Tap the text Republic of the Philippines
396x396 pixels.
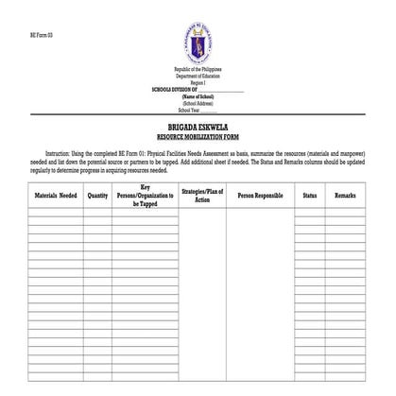[198, 71]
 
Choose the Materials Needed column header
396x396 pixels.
[55, 196]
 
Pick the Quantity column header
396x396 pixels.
[97, 196]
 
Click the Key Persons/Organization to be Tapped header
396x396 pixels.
[145, 196]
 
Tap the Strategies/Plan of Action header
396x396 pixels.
[201, 196]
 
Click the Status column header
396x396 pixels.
[309, 196]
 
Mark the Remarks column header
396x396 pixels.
[345, 196]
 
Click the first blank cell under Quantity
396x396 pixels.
[97, 215]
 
